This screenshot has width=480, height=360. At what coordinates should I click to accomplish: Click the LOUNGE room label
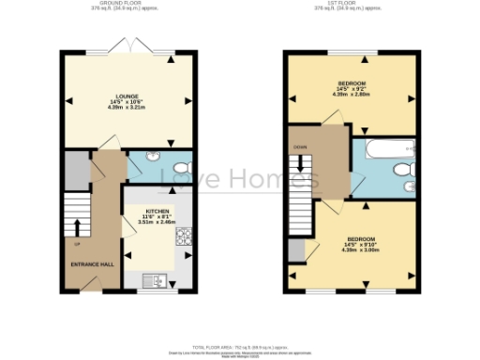129,95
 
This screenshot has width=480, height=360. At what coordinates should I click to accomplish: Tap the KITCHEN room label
157,212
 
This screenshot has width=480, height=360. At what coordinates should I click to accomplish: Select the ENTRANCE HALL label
93,264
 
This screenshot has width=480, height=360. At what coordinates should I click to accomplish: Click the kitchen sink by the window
155,278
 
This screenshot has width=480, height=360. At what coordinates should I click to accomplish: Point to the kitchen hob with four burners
184,236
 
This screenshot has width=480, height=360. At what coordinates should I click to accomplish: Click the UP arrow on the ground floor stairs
76,228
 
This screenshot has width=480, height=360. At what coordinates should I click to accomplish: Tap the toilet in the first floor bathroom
404,170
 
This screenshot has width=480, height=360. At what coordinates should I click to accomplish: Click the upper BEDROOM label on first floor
352,83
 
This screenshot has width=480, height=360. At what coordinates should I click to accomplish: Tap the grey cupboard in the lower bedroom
296,249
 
